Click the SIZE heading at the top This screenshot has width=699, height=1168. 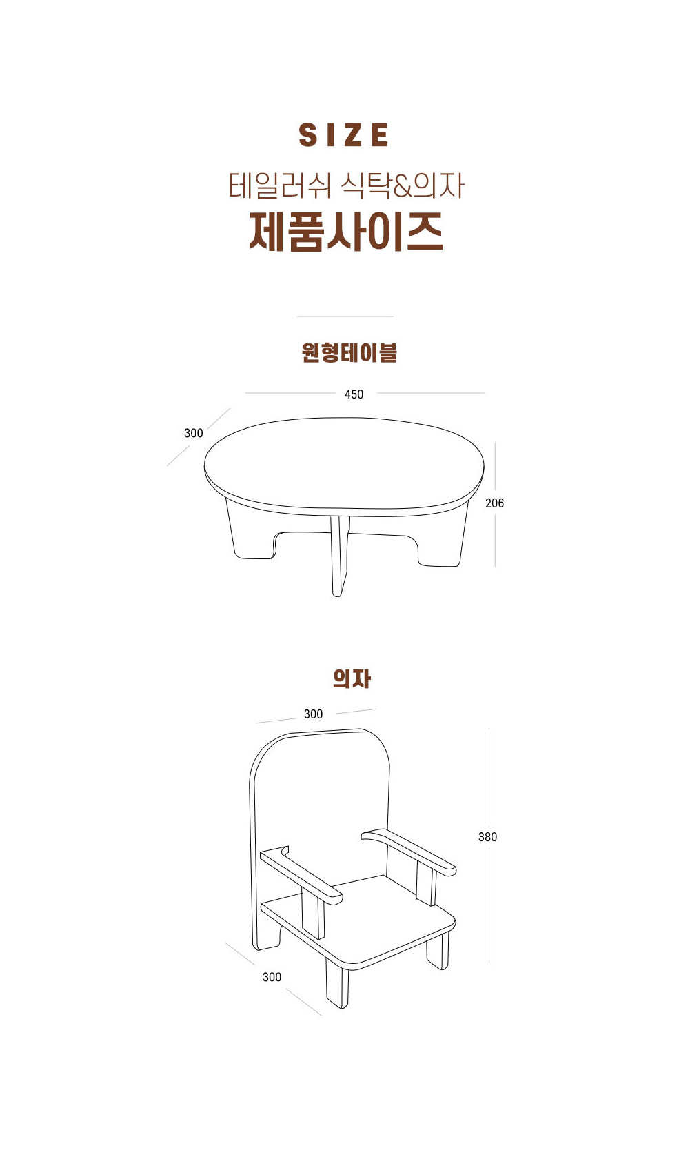[343, 135]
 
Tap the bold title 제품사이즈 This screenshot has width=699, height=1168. [346, 232]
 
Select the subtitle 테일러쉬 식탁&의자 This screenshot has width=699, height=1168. [346, 185]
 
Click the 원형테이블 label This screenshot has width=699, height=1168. [349, 352]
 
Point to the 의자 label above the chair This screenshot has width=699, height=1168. [352, 678]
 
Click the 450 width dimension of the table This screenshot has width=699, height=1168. [354, 394]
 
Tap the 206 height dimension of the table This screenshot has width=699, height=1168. [495, 503]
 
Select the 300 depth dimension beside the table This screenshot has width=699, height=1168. [194, 433]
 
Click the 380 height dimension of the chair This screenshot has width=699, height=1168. [488, 837]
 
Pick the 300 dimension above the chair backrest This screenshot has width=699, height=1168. [313, 714]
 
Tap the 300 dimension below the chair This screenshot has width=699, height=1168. [272, 977]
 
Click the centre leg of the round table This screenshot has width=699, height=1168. [338, 556]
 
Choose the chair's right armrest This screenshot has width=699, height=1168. [409, 852]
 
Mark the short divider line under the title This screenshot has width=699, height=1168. [345, 316]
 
